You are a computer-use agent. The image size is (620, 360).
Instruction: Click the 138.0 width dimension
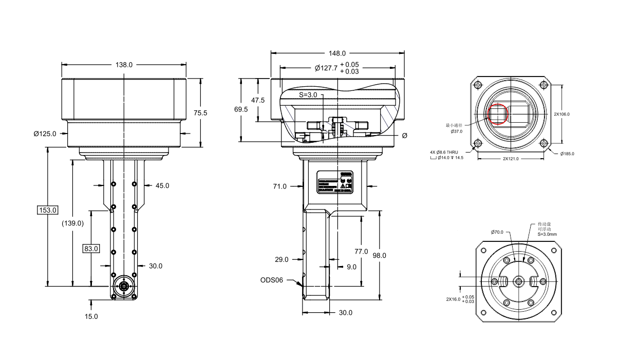click(124, 65)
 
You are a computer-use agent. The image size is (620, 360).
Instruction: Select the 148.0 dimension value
click(337, 53)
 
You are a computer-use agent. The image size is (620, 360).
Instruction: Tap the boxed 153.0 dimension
click(48, 210)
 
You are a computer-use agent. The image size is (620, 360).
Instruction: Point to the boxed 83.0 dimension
click(91, 249)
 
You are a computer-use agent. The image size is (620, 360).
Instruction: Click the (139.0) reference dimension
click(72, 223)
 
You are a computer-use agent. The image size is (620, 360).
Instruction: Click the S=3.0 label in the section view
click(308, 95)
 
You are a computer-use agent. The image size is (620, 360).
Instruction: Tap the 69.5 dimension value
click(241, 109)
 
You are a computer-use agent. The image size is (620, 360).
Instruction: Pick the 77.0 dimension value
click(361, 251)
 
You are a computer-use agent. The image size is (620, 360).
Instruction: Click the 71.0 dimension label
click(280, 186)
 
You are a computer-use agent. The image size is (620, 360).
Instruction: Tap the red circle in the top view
click(497, 115)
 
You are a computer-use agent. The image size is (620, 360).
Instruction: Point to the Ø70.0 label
click(498, 232)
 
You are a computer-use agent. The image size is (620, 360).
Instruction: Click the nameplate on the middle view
click(334, 181)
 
